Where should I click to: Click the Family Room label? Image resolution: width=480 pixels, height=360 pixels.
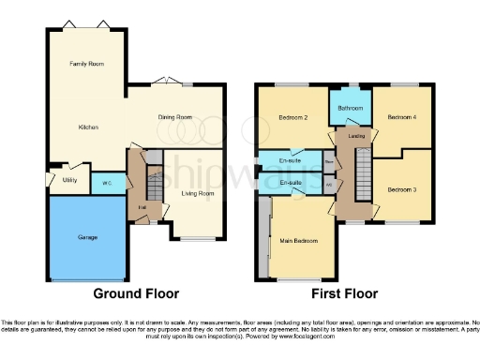[84, 64]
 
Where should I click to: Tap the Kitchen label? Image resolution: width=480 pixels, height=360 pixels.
[89, 127]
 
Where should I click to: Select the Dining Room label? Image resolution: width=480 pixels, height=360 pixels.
[173, 117]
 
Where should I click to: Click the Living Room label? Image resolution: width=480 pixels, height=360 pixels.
[197, 194]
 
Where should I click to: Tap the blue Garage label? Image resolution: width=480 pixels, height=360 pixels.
[86, 237]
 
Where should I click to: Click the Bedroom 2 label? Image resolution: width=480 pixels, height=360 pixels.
[293, 118]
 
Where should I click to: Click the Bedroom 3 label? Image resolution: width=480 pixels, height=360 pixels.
[401, 188]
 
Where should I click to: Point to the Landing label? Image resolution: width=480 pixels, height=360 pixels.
[356, 137]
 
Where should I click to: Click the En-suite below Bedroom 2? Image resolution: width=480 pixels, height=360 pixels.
[288, 159]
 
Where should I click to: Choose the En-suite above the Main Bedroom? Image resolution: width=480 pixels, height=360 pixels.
[288, 182]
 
